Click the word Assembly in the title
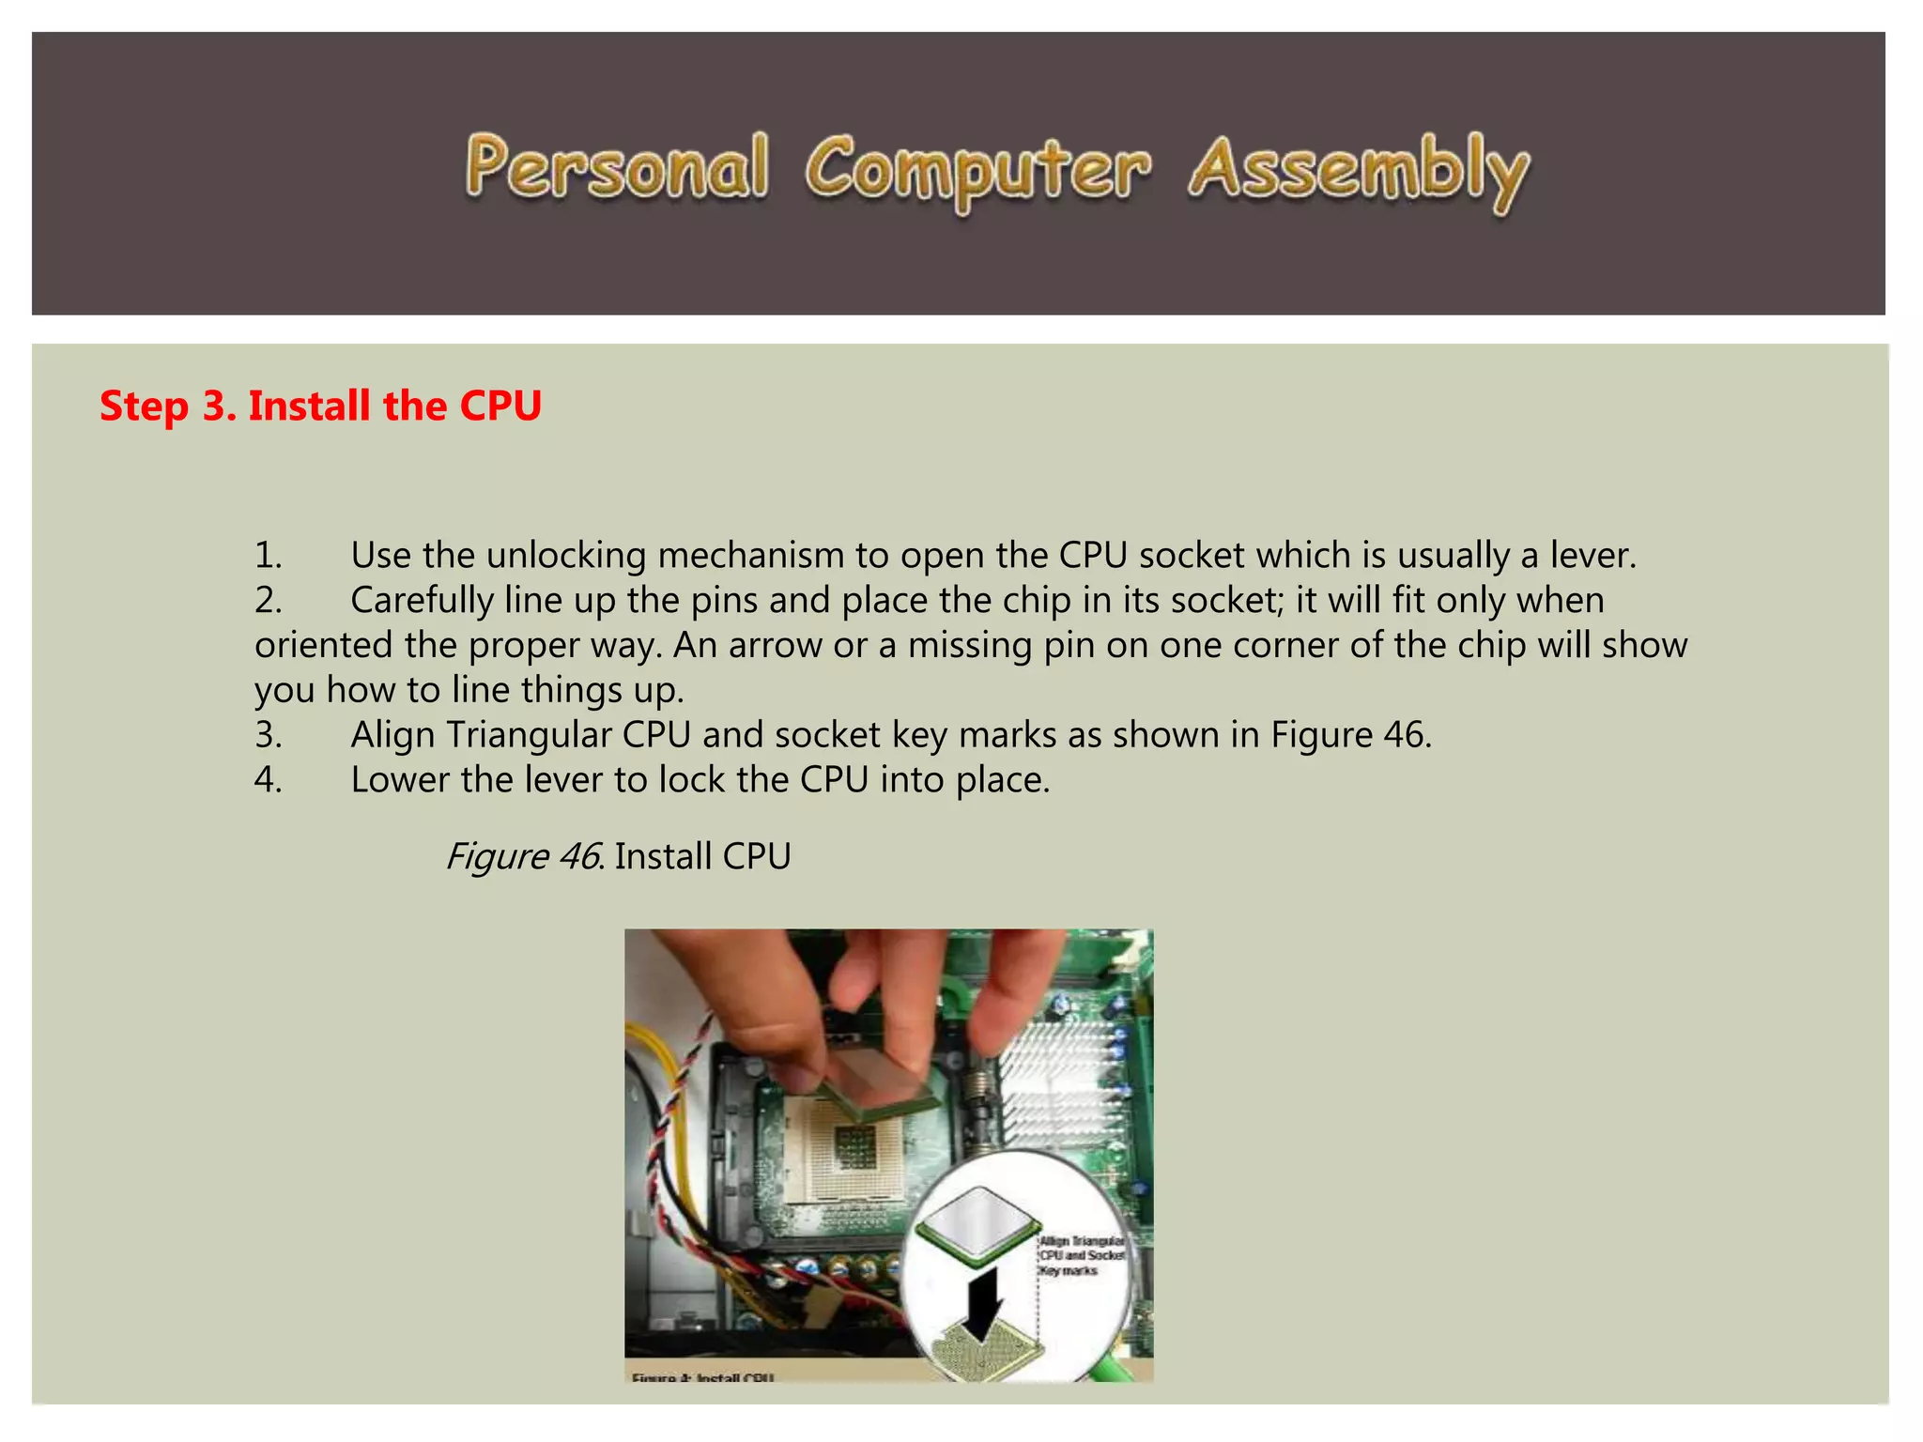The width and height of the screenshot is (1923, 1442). coord(1358,172)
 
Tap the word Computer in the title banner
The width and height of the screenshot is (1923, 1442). coord(977,172)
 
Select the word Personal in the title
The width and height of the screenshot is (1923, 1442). coord(616,169)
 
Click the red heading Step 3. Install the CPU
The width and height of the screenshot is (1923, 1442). coord(320,407)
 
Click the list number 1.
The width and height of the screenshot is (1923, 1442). coord(268,556)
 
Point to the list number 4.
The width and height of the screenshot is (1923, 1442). coord(268,780)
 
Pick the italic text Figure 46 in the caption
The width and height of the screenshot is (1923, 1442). coord(522,856)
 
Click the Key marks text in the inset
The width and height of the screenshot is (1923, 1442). coord(1069,1271)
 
